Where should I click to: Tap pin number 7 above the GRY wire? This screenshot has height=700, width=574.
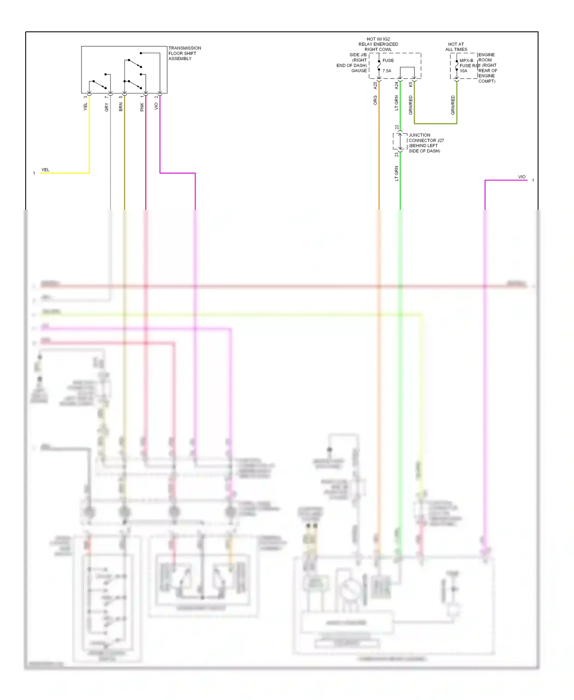106,97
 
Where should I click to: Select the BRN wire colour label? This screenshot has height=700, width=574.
121,107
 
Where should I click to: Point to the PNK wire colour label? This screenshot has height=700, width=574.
142,107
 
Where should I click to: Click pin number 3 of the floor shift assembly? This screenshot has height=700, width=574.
85,97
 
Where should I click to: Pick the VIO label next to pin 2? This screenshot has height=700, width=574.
156,106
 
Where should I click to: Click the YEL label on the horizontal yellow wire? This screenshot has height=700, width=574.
45,170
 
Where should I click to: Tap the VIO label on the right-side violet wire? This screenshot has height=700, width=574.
522,177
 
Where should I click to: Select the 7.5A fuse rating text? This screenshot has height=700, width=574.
387,71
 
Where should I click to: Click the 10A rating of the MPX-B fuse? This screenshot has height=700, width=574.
463,71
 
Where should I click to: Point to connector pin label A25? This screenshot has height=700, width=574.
375,85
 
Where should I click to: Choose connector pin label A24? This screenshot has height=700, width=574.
396,85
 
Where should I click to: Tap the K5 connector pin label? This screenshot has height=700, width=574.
411,84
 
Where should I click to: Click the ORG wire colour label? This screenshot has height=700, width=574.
375,100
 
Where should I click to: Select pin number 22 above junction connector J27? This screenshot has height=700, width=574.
397,127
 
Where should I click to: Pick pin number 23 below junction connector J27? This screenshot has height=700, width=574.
397,155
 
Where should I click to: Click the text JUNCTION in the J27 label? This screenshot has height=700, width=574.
419,135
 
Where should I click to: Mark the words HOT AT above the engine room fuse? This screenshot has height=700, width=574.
456,44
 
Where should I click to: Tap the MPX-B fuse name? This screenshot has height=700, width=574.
466,61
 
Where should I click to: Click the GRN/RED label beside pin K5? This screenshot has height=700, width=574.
411,105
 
